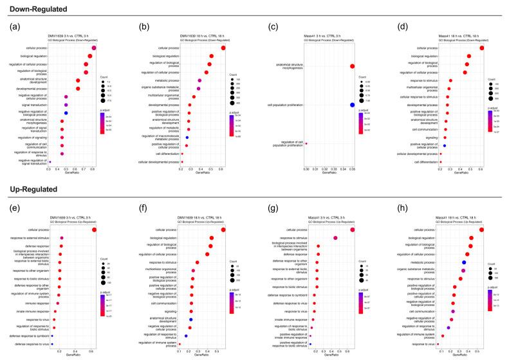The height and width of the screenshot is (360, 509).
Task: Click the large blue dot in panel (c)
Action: pos(352,105)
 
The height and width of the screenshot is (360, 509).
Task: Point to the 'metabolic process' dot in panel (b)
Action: pos(199,80)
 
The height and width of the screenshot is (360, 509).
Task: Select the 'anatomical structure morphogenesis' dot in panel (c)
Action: pos(352,66)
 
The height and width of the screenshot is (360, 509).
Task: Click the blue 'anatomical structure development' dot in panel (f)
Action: pos(190,319)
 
